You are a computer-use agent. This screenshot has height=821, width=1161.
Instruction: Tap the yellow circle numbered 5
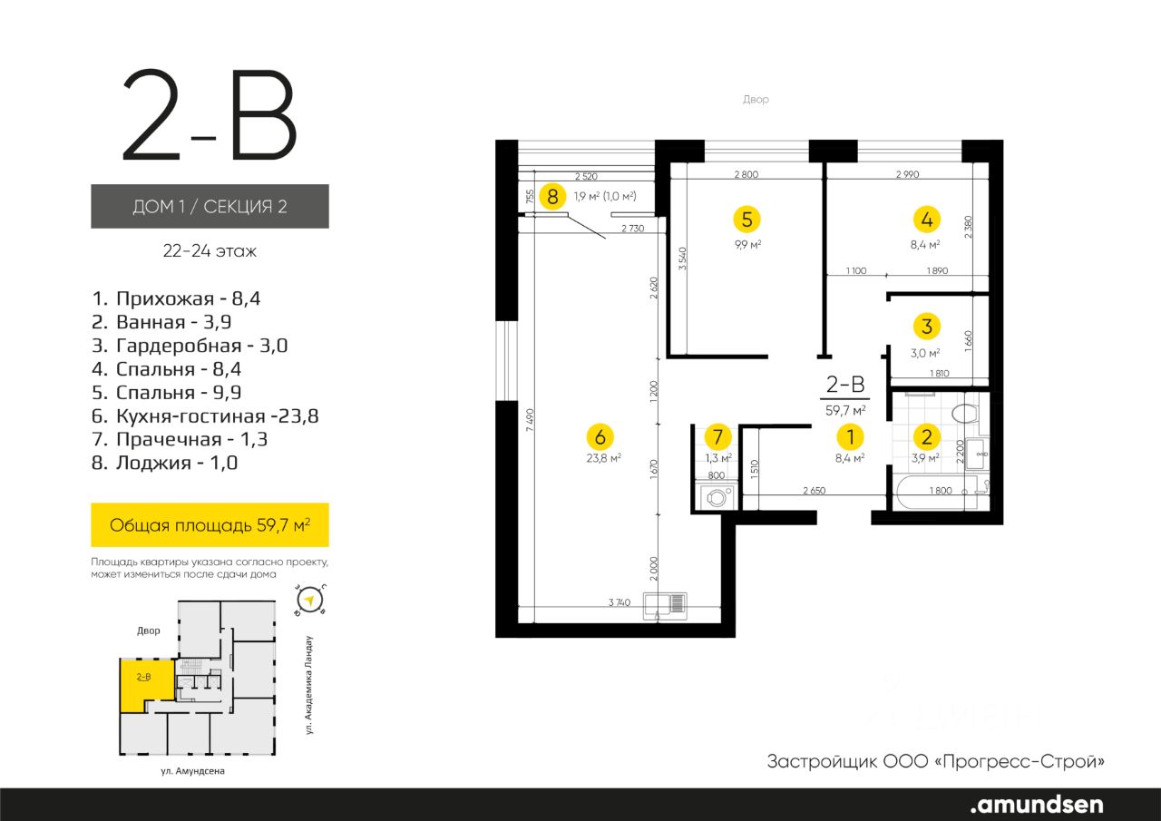coord(746,219)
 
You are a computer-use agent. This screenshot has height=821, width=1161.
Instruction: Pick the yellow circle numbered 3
coord(926,326)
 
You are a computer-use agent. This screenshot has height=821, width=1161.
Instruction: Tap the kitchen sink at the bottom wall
coord(665,603)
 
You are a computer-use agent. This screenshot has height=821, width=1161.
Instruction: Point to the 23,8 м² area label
coord(603,458)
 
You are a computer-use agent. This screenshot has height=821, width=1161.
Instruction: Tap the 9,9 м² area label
coord(746,244)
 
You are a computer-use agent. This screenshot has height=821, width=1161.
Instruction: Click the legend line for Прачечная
coord(182,439)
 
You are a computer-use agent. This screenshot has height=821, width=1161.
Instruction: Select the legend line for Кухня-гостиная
coord(206,416)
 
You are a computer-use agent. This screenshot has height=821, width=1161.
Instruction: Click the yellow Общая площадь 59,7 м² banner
coord(210,524)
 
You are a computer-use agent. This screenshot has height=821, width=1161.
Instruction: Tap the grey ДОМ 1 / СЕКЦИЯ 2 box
coord(210,206)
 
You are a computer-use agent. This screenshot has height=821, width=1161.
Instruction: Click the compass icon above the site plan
coord(311,599)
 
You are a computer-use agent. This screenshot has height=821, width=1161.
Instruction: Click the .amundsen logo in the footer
coord(1037,804)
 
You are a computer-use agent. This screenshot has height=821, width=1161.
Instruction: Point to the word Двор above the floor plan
coord(756,100)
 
